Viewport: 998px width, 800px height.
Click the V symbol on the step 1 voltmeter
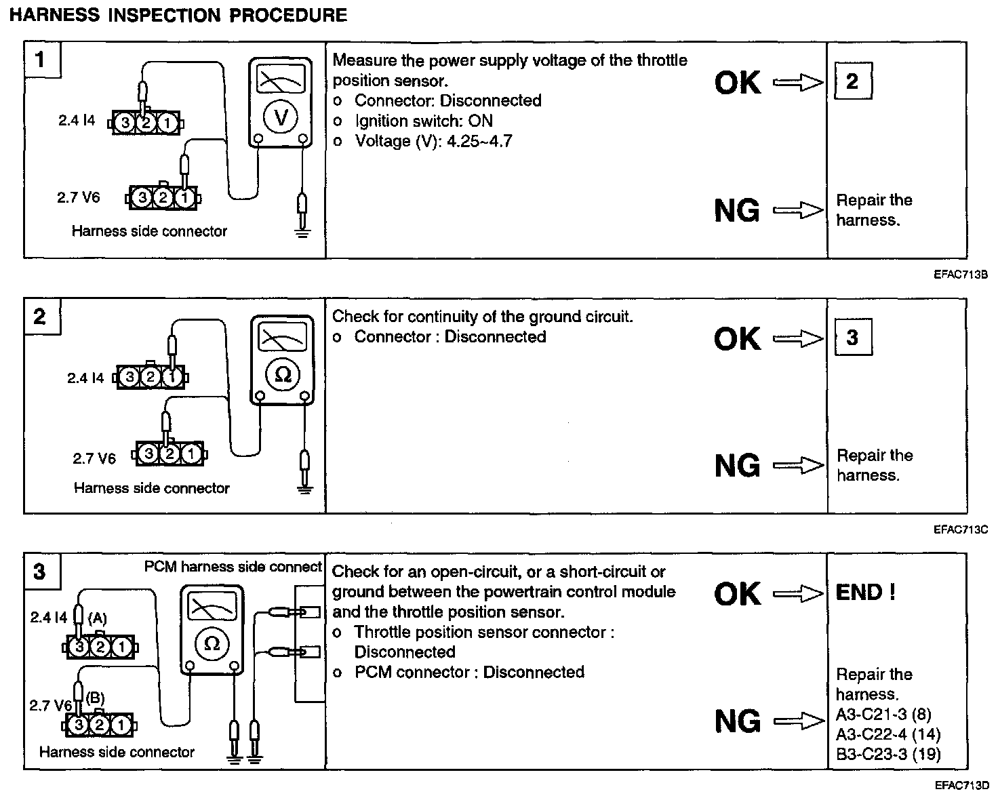click(280, 117)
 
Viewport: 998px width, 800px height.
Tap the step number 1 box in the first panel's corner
click(41, 60)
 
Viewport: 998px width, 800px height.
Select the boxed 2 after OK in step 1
click(852, 82)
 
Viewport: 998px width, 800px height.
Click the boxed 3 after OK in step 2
click(852, 338)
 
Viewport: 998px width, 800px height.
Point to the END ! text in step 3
click(866, 593)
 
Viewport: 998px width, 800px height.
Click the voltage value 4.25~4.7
click(479, 141)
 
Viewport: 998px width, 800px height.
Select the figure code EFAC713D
click(960, 786)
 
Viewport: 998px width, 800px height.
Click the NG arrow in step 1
click(798, 211)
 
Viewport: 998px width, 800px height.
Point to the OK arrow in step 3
click(798, 595)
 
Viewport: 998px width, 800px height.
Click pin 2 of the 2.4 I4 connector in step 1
click(146, 123)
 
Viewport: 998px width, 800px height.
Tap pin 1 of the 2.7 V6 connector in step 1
click(184, 198)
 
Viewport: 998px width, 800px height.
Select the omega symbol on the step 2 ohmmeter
click(283, 374)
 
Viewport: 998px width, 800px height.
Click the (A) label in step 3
click(98, 618)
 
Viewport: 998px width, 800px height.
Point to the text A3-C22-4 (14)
click(888, 734)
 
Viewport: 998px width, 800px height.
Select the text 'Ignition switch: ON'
click(423, 121)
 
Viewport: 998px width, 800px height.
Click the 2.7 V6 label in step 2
click(94, 458)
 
